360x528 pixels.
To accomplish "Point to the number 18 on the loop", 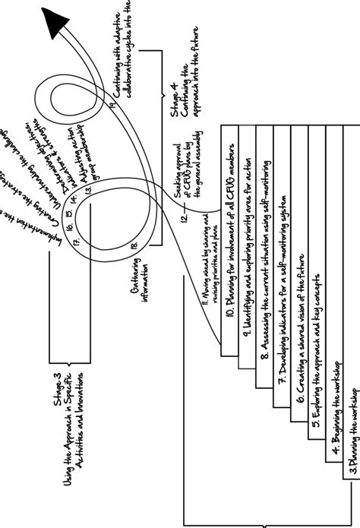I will pos(134,245).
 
